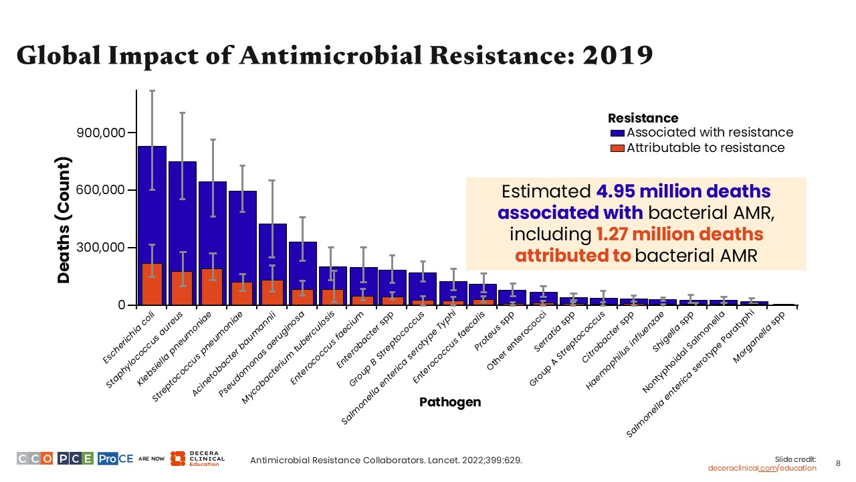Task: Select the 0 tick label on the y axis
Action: pyautogui.click(x=121, y=305)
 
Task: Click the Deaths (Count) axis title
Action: pyautogui.click(x=64, y=220)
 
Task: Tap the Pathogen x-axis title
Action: pyautogui.click(x=450, y=402)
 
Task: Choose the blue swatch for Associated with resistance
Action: pyautogui.click(x=617, y=133)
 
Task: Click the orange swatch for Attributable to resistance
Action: pyautogui.click(x=617, y=148)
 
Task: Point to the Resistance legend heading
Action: pyautogui.click(x=643, y=118)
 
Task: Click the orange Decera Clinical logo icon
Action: pyautogui.click(x=178, y=459)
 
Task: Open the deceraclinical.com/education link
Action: pyautogui.click(x=762, y=468)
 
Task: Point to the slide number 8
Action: pyautogui.click(x=839, y=463)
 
